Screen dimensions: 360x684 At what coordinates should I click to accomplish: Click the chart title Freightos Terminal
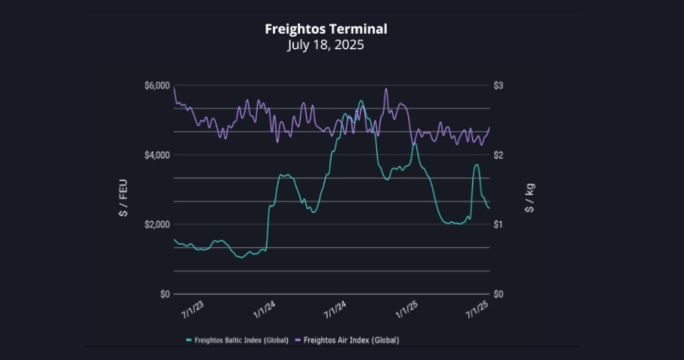tap(326, 29)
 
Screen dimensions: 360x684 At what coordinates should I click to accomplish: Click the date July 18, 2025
tap(326, 45)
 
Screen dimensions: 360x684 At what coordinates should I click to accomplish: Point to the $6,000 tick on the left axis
tap(157, 86)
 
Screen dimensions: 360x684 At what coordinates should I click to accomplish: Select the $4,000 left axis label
tap(157, 155)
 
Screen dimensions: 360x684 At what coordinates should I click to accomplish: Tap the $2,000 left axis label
tap(157, 225)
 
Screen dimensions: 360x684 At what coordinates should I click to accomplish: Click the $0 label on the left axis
tap(165, 294)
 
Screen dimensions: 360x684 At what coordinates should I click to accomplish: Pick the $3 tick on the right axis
tap(498, 86)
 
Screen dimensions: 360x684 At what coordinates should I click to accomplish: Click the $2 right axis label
tap(498, 155)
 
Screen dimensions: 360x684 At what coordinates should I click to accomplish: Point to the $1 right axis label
tap(498, 225)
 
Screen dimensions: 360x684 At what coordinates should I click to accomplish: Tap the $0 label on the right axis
tap(498, 294)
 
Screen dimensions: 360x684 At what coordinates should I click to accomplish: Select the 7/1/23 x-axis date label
tap(193, 310)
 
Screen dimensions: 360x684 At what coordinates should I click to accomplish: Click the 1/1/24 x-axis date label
tap(264, 310)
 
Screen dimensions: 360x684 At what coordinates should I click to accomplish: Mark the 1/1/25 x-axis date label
tap(406, 310)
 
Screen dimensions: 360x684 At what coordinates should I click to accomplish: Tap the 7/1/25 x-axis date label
tap(477, 310)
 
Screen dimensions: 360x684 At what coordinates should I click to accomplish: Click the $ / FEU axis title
tap(123, 198)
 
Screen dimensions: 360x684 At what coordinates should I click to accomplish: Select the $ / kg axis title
tap(530, 198)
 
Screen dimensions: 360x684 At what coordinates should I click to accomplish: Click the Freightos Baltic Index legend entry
tap(238, 340)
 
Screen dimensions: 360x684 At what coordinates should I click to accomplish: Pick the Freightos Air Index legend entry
tap(347, 340)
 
